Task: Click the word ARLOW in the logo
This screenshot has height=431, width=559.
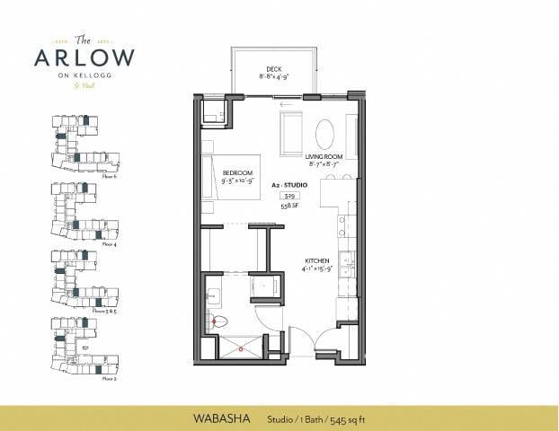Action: [84, 57]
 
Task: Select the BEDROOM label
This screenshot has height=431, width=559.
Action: [238, 172]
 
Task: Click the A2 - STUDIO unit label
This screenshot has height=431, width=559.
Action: [289, 183]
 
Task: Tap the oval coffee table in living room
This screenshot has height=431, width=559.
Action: [325, 134]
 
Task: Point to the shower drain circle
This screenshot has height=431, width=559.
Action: [240, 346]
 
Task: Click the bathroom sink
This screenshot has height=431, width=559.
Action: [214, 295]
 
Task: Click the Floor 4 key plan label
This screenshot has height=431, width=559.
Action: [111, 243]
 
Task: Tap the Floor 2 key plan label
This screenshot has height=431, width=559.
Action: [111, 380]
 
